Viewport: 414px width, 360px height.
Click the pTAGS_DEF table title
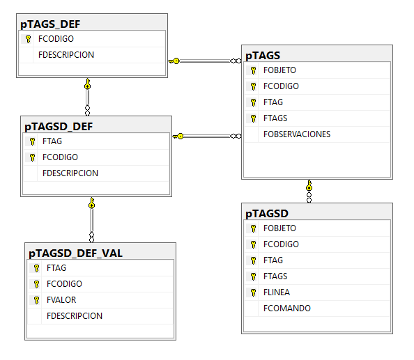pos(50,24)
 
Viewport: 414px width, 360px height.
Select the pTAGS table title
pos(263,56)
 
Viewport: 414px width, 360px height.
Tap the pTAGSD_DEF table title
pos(59,127)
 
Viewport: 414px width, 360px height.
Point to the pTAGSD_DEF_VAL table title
pos(75,253)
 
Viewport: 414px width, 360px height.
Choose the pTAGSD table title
pos(267,214)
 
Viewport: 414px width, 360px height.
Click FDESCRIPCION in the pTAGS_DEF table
pos(66,55)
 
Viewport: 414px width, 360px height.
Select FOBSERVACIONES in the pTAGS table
pos(297,134)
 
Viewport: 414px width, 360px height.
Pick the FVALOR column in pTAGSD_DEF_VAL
pos(61,300)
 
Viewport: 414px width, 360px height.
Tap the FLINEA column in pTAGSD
pos(277,292)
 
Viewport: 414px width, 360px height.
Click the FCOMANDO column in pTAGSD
pos(287,308)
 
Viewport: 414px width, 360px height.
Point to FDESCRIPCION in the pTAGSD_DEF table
pos(70,173)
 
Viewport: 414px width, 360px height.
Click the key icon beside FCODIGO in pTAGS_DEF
pos(28,39)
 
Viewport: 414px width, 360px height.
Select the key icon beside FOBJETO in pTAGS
pos(253,70)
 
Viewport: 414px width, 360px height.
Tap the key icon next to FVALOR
pos(36,300)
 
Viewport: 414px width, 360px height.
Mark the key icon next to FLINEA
pos(253,292)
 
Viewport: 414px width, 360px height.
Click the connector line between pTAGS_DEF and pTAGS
pos(205,61)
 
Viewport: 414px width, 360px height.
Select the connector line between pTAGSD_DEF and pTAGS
pos(207,136)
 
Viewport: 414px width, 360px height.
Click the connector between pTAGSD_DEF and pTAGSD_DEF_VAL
pos(91,220)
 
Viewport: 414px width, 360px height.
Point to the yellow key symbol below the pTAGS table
pos(309,185)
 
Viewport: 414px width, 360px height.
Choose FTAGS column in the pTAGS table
pos(275,118)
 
